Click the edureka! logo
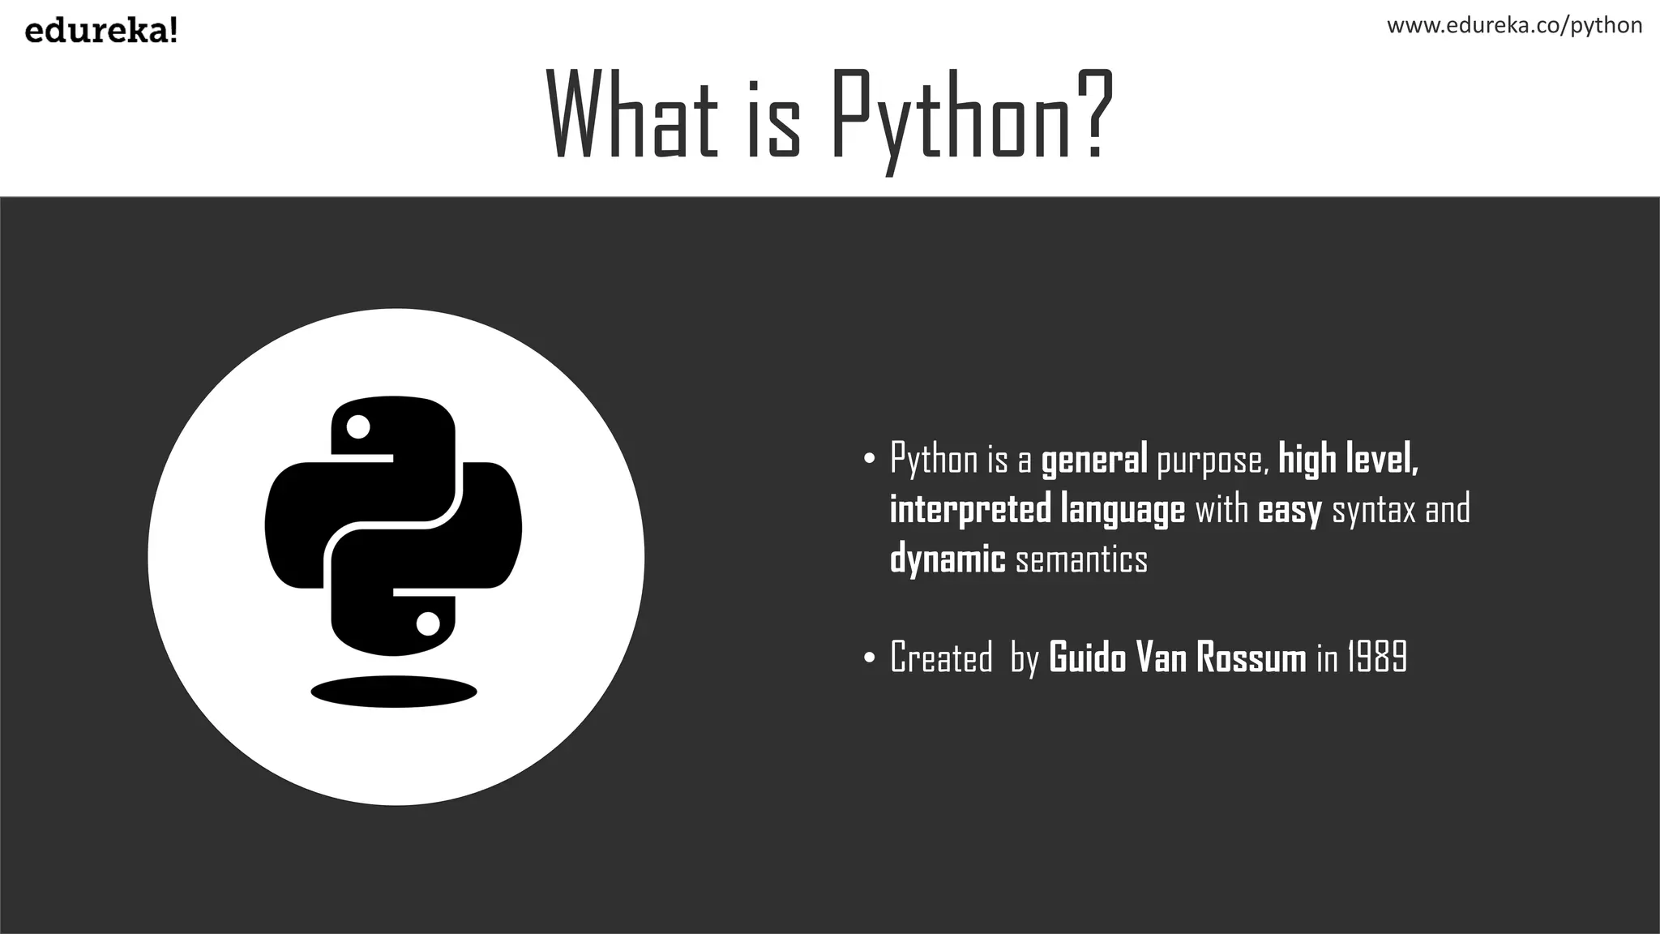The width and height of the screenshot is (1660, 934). point(101,32)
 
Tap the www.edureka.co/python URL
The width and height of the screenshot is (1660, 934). point(1514,25)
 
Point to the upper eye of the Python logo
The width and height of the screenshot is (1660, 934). point(357,426)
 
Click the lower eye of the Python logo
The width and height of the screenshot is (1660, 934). point(428,623)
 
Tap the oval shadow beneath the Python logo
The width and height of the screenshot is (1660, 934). point(394,692)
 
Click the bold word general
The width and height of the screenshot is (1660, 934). point(1093,460)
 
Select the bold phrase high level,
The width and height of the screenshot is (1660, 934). point(1348,459)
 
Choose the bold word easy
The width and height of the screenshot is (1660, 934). point(1290,510)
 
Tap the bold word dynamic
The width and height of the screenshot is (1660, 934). point(948,559)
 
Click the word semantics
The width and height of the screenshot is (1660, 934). point(1081,559)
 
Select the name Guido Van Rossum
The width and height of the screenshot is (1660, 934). point(1177,658)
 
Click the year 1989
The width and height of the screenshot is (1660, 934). point(1377,658)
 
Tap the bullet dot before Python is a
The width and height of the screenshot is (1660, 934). point(870,460)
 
